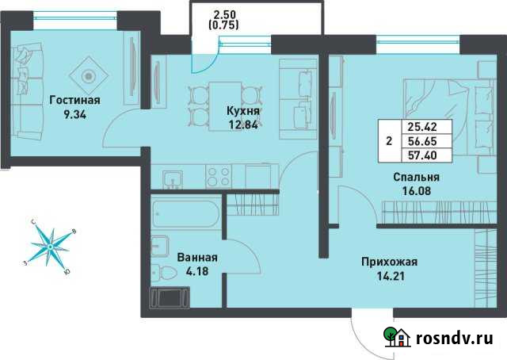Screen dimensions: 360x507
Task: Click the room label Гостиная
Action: point(74,101)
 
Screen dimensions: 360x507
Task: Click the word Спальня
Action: point(416,178)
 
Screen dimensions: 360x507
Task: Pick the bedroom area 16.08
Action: point(416,191)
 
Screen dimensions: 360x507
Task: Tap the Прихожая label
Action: point(388,262)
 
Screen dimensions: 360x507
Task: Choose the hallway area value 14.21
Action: point(388,276)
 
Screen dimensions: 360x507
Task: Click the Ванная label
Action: point(197,259)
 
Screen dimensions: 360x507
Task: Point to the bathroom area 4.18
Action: point(197,272)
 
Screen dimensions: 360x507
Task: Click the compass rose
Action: point(51,247)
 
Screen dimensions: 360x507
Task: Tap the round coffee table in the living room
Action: point(88,76)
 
